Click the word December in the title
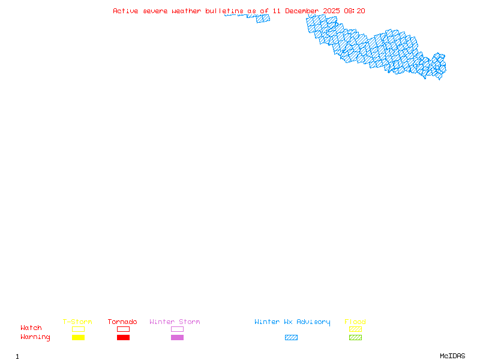[x=302, y=11]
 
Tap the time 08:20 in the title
[x=354, y=11]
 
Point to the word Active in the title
[x=125, y=11]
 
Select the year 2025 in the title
[x=331, y=11]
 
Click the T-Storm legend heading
[x=77, y=322]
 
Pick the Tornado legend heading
[x=122, y=322]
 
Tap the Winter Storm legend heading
[x=175, y=322]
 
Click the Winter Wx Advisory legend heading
[x=292, y=322]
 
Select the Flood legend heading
[x=355, y=322]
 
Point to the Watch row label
[x=31, y=328]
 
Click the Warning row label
[x=35, y=337]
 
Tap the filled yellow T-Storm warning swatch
[x=78, y=338]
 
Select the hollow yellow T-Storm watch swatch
[x=78, y=329]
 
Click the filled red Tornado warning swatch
[x=123, y=338]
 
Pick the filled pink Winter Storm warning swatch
[x=177, y=338]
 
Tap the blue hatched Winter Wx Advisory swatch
[x=291, y=338]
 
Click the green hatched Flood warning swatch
[x=355, y=338]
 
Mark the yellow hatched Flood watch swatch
[x=355, y=329]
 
